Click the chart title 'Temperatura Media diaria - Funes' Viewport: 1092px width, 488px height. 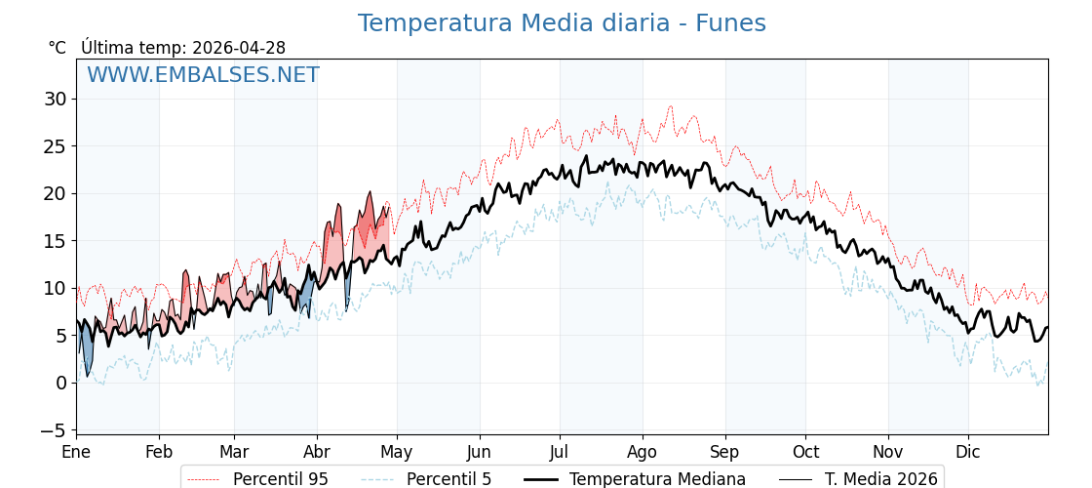click(x=562, y=23)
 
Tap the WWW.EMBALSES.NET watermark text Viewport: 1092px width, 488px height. click(x=203, y=75)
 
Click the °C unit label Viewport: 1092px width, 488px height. click(x=58, y=48)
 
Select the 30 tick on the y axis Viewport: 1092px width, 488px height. click(x=55, y=99)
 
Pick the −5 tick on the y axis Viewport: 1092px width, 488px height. click(x=55, y=430)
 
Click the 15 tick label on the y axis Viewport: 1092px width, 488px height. click(x=55, y=241)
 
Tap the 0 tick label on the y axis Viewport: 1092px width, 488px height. click(x=60, y=383)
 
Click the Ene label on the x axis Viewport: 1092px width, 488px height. click(x=76, y=452)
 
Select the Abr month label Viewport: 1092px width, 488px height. click(x=317, y=452)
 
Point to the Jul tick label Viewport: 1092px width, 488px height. click(x=560, y=452)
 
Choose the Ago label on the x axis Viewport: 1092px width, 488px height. click(x=643, y=452)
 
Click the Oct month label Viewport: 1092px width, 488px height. click(x=805, y=452)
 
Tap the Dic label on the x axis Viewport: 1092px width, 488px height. click(x=968, y=452)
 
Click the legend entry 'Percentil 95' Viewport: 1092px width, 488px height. click(x=280, y=479)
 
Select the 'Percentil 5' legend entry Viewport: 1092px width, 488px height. click(x=448, y=479)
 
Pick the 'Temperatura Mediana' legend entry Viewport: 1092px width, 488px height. click(x=657, y=479)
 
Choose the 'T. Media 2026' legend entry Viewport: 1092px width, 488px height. click(x=880, y=479)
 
